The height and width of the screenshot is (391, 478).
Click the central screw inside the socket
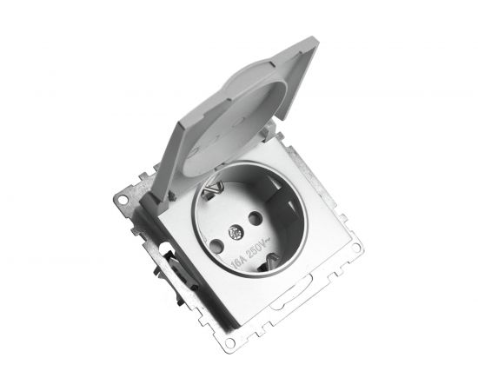[235, 233]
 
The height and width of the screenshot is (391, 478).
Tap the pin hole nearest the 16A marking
[216, 246]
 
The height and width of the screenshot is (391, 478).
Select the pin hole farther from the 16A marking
[256, 218]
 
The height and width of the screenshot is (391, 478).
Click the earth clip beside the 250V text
[269, 262]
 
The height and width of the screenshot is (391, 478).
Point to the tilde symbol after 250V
[268, 241]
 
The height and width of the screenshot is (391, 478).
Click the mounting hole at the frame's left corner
[123, 200]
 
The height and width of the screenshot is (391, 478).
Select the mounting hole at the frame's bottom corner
[229, 343]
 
